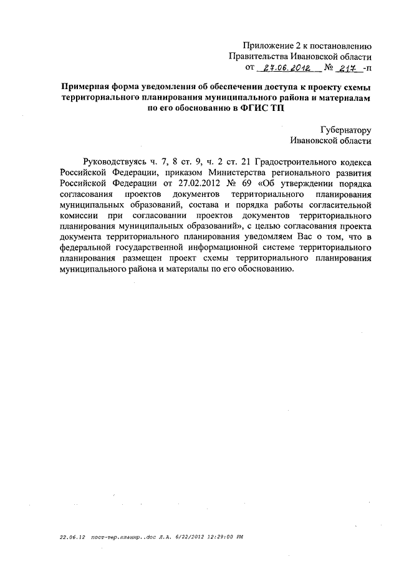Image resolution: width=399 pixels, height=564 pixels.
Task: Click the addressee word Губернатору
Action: pyautogui.click(x=346, y=130)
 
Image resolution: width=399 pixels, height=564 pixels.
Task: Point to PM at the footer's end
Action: pyautogui.click(x=239, y=535)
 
